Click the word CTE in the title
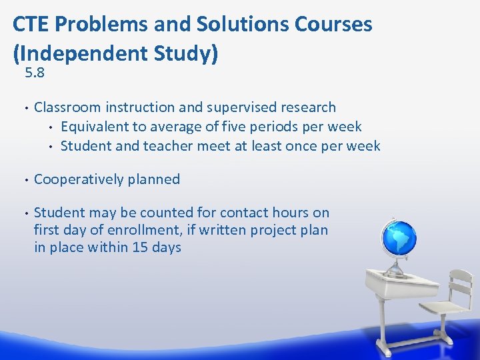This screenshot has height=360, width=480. [31, 24]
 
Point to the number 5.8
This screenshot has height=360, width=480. [35, 73]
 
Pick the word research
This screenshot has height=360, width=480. [308, 107]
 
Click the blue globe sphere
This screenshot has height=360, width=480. [398, 237]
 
